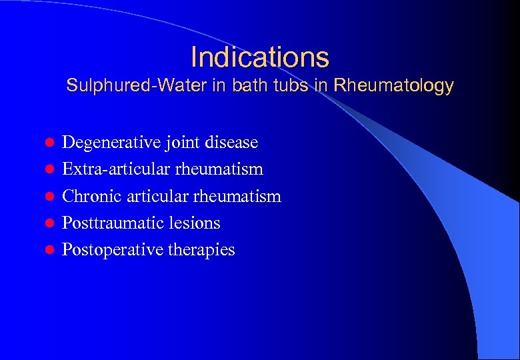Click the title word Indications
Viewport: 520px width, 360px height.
click(x=259, y=57)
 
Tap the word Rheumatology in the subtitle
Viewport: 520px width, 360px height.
click(x=393, y=86)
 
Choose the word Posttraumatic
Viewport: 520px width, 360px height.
click(x=107, y=223)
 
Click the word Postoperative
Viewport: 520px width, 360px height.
click(x=107, y=250)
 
